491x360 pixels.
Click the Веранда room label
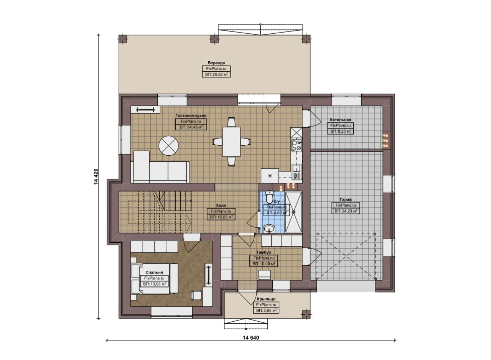click(x=216, y=63)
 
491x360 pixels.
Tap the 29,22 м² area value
click(x=216, y=74)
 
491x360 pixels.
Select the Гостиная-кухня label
click(x=191, y=115)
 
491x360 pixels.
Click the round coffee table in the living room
click(x=168, y=146)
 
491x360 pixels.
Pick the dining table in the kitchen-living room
click(x=231, y=142)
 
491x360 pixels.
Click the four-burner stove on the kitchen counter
click(x=297, y=145)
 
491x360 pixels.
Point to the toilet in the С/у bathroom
click(x=269, y=197)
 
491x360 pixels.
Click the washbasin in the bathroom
click(x=269, y=229)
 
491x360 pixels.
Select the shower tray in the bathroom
click(x=294, y=212)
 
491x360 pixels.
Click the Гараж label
click(x=346, y=200)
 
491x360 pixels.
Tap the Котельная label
click(x=340, y=120)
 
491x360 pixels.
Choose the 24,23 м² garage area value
click(x=346, y=211)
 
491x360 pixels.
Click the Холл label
click(x=221, y=205)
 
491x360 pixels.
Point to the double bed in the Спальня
click(x=154, y=278)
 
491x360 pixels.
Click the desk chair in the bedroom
click(x=196, y=295)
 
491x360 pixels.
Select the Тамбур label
click(x=263, y=252)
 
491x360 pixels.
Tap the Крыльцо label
click(x=266, y=299)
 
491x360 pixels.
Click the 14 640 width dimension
click(x=251, y=338)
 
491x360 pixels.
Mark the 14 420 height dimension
click(x=96, y=177)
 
